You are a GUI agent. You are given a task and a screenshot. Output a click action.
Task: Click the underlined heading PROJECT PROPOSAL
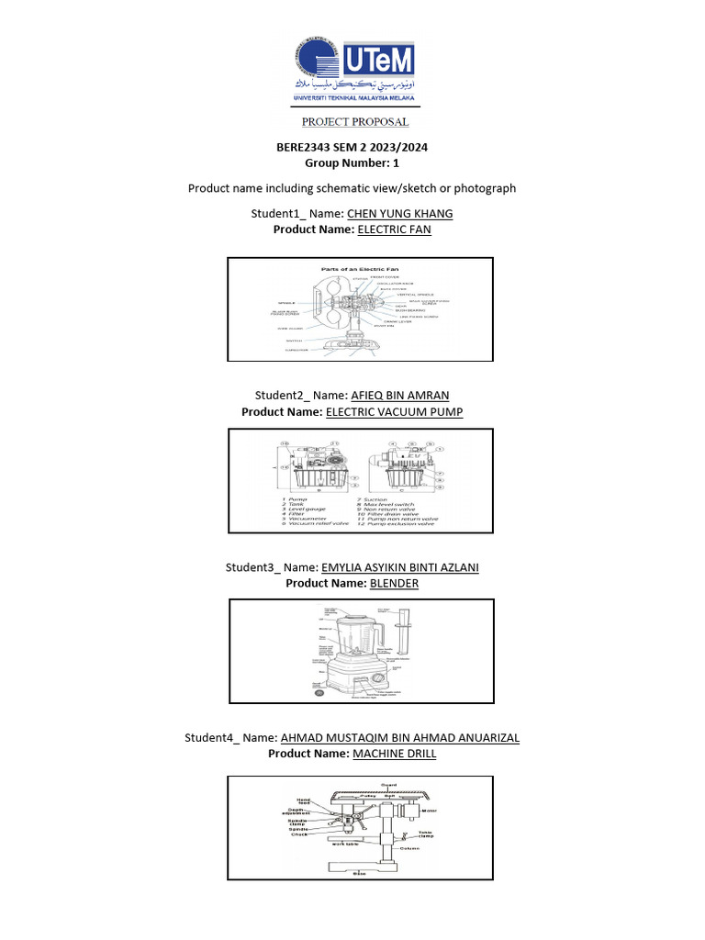click(355, 122)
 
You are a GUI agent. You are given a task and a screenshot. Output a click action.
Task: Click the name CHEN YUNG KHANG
click(399, 214)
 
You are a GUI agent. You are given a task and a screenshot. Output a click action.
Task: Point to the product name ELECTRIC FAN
click(394, 229)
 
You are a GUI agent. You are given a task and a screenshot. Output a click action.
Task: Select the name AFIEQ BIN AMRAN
click(400, 396)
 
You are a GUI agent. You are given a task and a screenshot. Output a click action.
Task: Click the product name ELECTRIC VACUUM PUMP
click(395, 412)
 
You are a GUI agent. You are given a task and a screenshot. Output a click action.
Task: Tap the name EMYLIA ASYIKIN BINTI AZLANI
click(399, 567)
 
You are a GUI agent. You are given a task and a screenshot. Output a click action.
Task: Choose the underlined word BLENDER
click(394, 583)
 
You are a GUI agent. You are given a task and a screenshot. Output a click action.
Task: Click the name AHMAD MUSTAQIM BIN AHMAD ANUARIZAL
click(399, 737)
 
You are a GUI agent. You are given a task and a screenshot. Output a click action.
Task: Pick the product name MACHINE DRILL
click(395, 754)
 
